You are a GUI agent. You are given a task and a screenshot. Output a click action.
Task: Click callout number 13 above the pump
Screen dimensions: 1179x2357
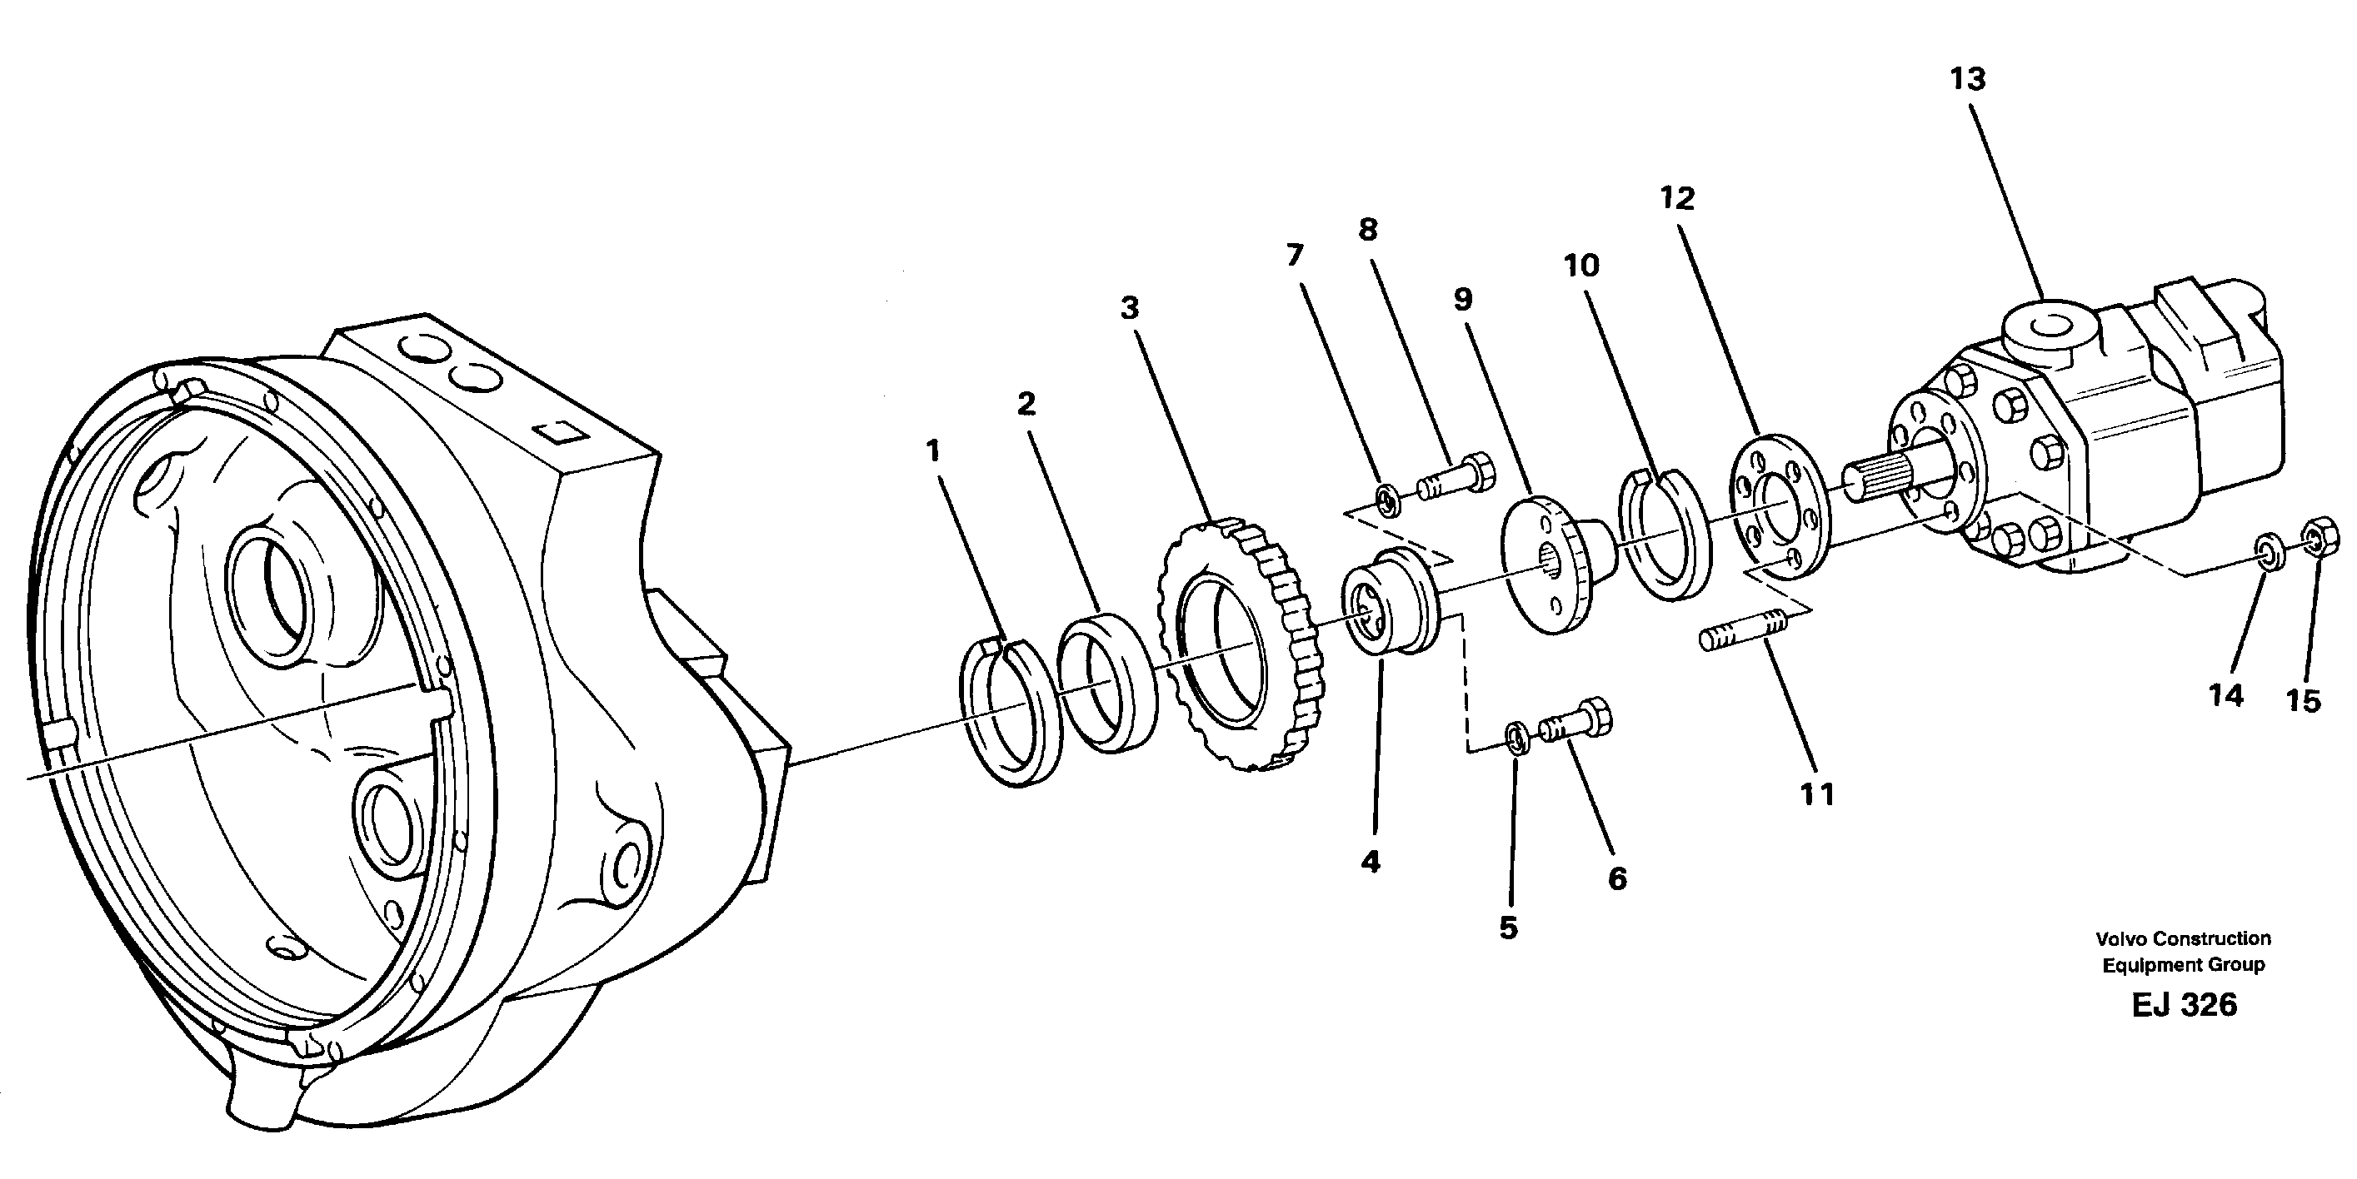pos(1967,80)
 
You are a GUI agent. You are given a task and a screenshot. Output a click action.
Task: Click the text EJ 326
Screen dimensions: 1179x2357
pos(2183,1004)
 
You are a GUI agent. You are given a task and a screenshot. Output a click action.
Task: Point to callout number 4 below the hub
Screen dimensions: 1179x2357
pos(1370,861)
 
